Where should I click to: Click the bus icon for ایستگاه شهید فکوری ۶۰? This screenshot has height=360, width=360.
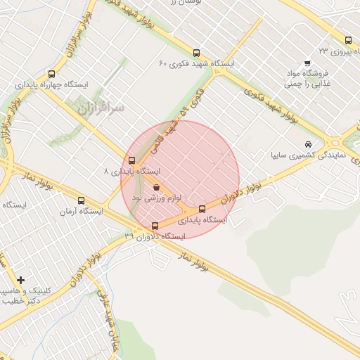[x=196, y=52]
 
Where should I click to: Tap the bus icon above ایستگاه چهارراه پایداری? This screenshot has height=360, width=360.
[x=51, y=74]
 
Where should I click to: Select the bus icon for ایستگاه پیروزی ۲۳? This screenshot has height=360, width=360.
[x=348, y=40]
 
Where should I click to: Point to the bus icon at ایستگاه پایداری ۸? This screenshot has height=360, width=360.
[x=132, y=160]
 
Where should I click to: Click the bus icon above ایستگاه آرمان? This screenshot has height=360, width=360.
[x=82, y=200]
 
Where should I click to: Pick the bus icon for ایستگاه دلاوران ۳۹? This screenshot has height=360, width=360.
[x=155, y=226]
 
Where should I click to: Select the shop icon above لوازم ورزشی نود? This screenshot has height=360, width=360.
[x=156, y=188]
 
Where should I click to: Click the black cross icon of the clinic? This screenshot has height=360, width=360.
[x=20, y=280]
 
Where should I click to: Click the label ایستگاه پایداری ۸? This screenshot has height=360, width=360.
[x=132, y=172]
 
